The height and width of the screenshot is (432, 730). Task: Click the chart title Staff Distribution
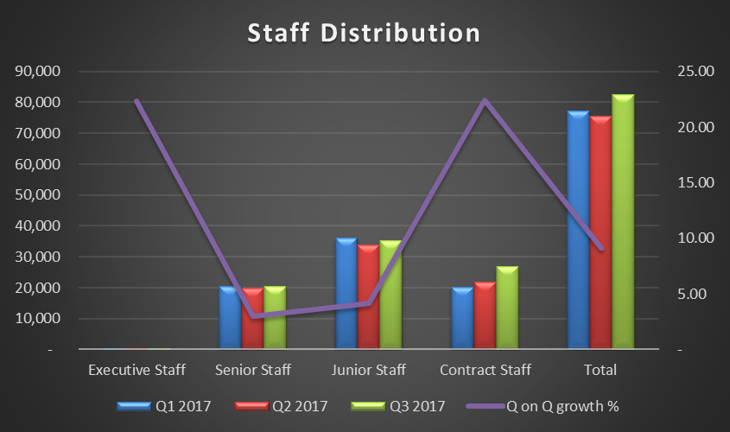pos(364,33)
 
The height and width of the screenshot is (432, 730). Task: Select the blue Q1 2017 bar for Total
pos(578,230)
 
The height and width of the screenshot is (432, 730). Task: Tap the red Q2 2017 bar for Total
pos(600,232)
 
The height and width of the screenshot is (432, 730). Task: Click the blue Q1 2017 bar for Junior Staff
pos(346,294)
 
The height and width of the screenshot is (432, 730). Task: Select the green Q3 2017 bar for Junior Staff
pos(390,295)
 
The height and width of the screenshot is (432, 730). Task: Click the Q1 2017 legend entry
pos(163,404)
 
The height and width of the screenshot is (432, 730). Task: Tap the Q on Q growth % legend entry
pos(543,404)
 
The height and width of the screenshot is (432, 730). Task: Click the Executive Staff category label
pos(136,370)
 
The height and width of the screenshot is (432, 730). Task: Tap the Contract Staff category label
pos(485,370)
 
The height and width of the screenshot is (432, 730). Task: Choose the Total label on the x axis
pos(600,370)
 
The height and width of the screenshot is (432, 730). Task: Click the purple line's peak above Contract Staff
pos(485,100)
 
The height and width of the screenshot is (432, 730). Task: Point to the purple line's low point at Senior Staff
pos(253,316)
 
